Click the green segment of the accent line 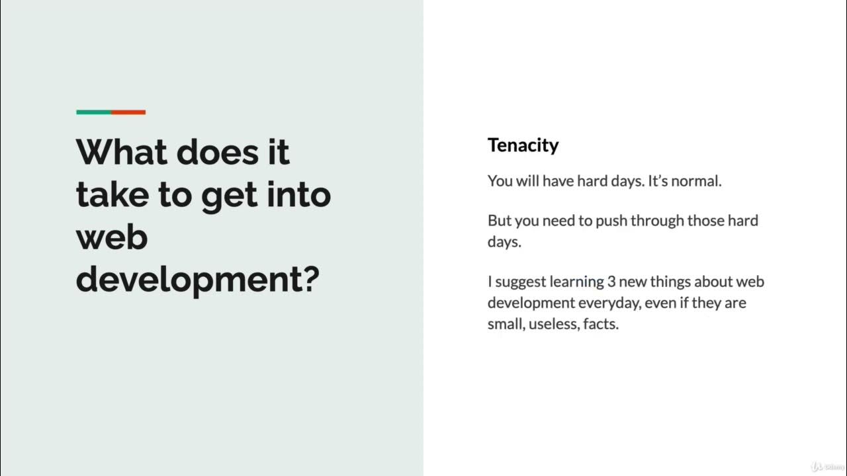93,112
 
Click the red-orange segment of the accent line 128,112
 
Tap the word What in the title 120,152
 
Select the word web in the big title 111,237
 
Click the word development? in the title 197,280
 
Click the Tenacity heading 523,145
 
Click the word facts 600,325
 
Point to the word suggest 521,282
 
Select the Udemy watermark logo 826,465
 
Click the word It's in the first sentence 657,181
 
